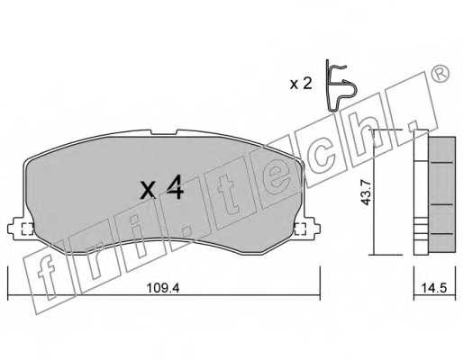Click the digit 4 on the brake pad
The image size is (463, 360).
(x=175, y=189)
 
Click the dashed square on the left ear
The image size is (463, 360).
(x=26, y=229)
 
